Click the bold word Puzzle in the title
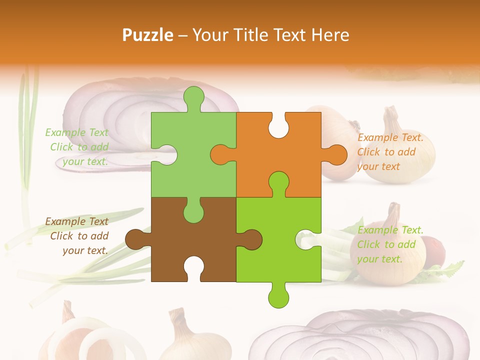(148, 35)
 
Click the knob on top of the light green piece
(194, 98)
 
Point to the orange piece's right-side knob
(335, 154)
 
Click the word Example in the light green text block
(62, 132)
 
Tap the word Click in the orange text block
(369, 152)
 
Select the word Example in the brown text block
(62, 221)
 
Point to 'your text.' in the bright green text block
(379, 259)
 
